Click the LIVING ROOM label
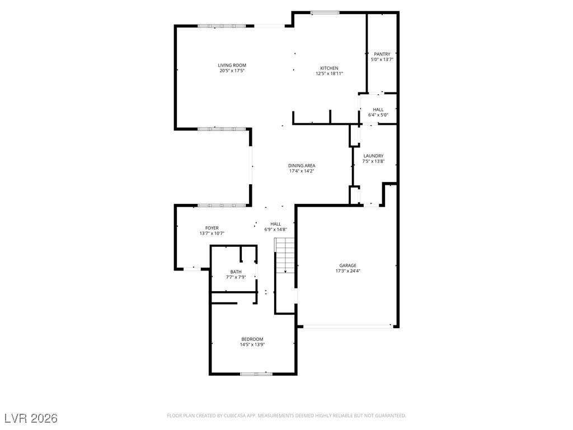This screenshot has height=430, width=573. pyautogui.click(x=232, y=66)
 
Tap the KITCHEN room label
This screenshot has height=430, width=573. pyautogui.click(x=329, y=68)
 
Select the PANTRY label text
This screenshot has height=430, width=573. pyautogui.click(x=382, y=54)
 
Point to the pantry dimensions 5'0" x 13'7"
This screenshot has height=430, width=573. pyautogui.click(x=382, y=59)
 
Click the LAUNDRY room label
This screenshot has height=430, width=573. pyautogui.click(x=373, y=156)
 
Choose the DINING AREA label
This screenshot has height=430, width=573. pyautogui.click(x=302, y=166)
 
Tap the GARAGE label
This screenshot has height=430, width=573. pyautogui.click(x=347, y=265)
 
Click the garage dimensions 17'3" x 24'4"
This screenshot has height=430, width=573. pyautogui.click(x=347, y=271)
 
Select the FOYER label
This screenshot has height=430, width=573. pyautogui.click(x=212, y=228)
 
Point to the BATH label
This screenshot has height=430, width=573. pyautogui.click(x=236, y=272)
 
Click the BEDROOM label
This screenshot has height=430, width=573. pyautogui.click(x=252, y=339)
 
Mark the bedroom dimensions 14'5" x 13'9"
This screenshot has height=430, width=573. pyautogui.click(x=252, y=345)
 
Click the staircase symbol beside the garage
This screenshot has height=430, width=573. pyautogui.click(x=285, y=255)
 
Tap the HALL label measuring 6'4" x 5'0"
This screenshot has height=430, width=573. pyautogui.click(x=378, y=110)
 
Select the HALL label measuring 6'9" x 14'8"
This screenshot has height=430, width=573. pyautogui.click(x=276, y=224)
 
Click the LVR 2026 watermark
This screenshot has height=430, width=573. pyautogui.click(x=31, y=418)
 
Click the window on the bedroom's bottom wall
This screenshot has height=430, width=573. pyautogui.click(x=256, y=373)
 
